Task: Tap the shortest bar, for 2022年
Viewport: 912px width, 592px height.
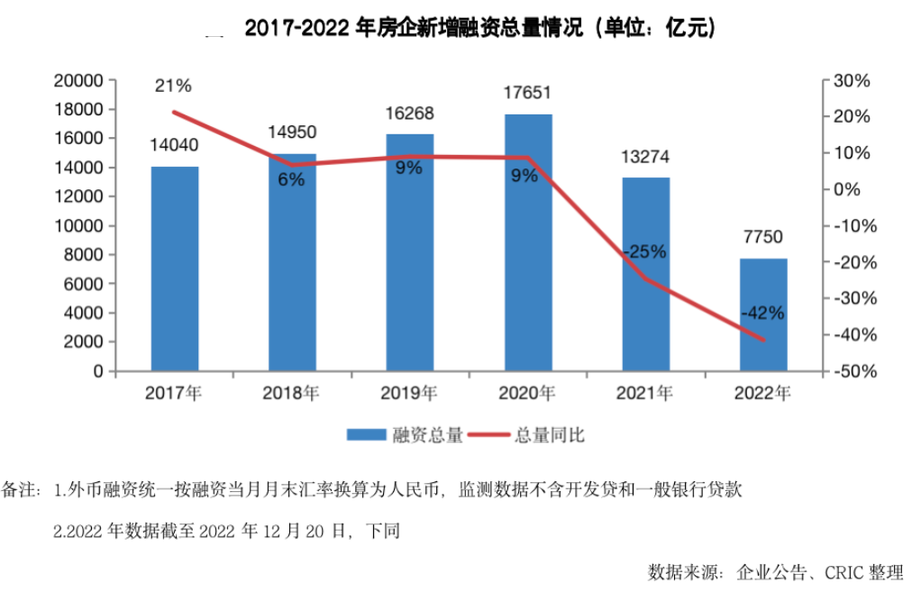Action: pos(763,314)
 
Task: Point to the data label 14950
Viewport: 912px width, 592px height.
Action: pos(292,132)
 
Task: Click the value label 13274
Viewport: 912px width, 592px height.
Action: pos(645,157)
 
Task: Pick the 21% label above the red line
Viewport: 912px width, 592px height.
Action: pos(173,87)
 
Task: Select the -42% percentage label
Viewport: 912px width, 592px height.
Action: pos(762,314)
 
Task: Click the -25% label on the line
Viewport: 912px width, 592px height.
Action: pos(644,252)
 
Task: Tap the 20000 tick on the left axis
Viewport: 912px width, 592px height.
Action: pos(79,80)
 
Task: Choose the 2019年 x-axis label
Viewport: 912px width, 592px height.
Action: pos(410,393)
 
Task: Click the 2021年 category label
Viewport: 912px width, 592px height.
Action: pos(645,393)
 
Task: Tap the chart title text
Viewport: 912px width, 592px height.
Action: pos(479,29)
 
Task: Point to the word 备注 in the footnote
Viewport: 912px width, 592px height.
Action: pos(17,491)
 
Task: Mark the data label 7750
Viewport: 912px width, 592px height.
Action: pos(762,238)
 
